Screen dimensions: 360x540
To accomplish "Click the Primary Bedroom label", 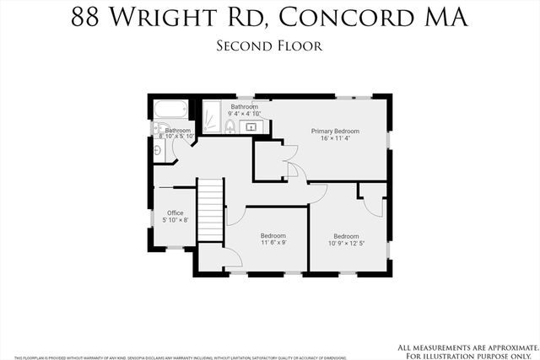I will tap(335, 131).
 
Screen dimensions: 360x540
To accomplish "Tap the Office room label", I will tap(175, 212).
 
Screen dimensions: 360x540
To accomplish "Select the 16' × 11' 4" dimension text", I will tap(335, 138).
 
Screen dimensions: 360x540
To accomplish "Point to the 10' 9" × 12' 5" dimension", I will tap(346, 244).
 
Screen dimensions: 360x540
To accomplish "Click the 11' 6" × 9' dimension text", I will tap(273, 243).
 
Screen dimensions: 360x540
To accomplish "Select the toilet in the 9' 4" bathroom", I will tap(230, 126).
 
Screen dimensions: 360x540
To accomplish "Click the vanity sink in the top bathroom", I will tap(251, 126).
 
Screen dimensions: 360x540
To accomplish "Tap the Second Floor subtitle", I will tap(269, 46).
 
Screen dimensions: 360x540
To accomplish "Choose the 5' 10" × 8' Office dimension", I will tap(175, 220).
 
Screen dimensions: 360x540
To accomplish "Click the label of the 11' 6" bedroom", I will tap(273, 235).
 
